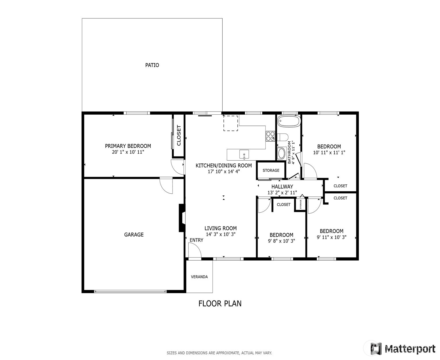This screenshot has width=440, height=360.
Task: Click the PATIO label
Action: pos(152,65)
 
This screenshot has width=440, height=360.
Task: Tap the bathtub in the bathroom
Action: pos(289,121)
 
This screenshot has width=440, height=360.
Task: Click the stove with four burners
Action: pos(270,136)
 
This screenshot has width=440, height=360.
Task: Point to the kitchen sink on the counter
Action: pos(244,155)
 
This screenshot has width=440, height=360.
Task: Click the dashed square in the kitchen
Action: pos(231,123)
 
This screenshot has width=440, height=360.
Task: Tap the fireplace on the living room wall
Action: pos(182,218)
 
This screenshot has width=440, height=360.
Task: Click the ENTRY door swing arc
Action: pos(195,250)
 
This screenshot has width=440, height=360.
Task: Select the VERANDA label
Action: pos(199,277)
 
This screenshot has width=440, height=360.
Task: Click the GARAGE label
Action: pos(134,235)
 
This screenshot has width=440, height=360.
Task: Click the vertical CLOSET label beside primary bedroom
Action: pos(179,135)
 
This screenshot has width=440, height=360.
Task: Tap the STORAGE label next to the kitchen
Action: pos(271,170)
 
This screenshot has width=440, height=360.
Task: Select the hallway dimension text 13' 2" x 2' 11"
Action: pos(282,193)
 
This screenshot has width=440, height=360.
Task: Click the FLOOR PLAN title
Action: pos(220,303)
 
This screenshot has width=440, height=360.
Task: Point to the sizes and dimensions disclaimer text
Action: pos(219,353)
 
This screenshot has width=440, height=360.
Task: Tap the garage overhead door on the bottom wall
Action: pos(130,291)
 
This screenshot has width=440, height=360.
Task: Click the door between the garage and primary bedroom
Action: pos(166,185)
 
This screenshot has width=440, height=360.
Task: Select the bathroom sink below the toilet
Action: pos(281,153)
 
